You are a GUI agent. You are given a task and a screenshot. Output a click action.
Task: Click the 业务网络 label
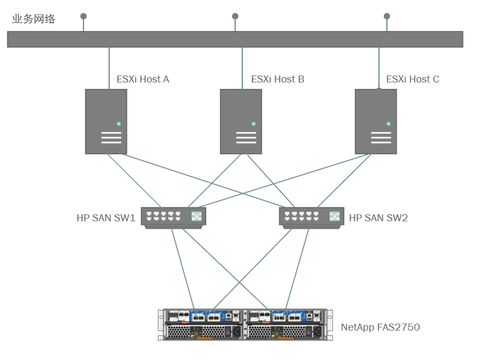tap(34, 19)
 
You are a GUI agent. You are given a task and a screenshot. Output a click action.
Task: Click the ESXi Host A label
tap(143, 79)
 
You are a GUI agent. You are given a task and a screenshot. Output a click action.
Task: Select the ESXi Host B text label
tap(277, 79)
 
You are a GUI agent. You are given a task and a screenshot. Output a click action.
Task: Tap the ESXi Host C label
tap(412, 79)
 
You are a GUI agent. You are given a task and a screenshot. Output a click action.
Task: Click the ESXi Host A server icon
tap(106, 122)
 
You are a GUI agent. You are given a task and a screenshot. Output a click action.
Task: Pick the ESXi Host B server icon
tap(241, 122)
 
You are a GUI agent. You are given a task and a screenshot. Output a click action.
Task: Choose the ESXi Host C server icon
tap(376, 122)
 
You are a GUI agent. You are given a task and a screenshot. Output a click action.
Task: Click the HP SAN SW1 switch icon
tap(173, 217)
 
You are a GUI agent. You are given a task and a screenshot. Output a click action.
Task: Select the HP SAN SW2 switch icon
tap(311, 217)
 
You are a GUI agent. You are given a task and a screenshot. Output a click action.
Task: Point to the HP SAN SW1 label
tap(105, 218)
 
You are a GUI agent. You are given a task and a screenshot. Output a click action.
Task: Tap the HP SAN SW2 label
tap(378, 218)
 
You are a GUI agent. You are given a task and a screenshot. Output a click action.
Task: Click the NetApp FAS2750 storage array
tap(245, 324)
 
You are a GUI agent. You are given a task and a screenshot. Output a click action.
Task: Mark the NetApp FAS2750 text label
tap(380, 327)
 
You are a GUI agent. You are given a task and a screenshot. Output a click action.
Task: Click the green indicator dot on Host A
tap(119, 124)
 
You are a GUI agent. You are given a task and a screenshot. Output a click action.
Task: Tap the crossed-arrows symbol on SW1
tap(196, 216)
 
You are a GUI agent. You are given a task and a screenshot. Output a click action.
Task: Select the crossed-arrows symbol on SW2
tap(335, 216)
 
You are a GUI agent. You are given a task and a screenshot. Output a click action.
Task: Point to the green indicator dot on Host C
tap(389, 124)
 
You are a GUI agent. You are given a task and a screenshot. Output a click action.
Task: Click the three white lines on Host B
tap(246, 138)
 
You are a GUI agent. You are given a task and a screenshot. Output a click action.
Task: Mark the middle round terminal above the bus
tap(235, 16)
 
